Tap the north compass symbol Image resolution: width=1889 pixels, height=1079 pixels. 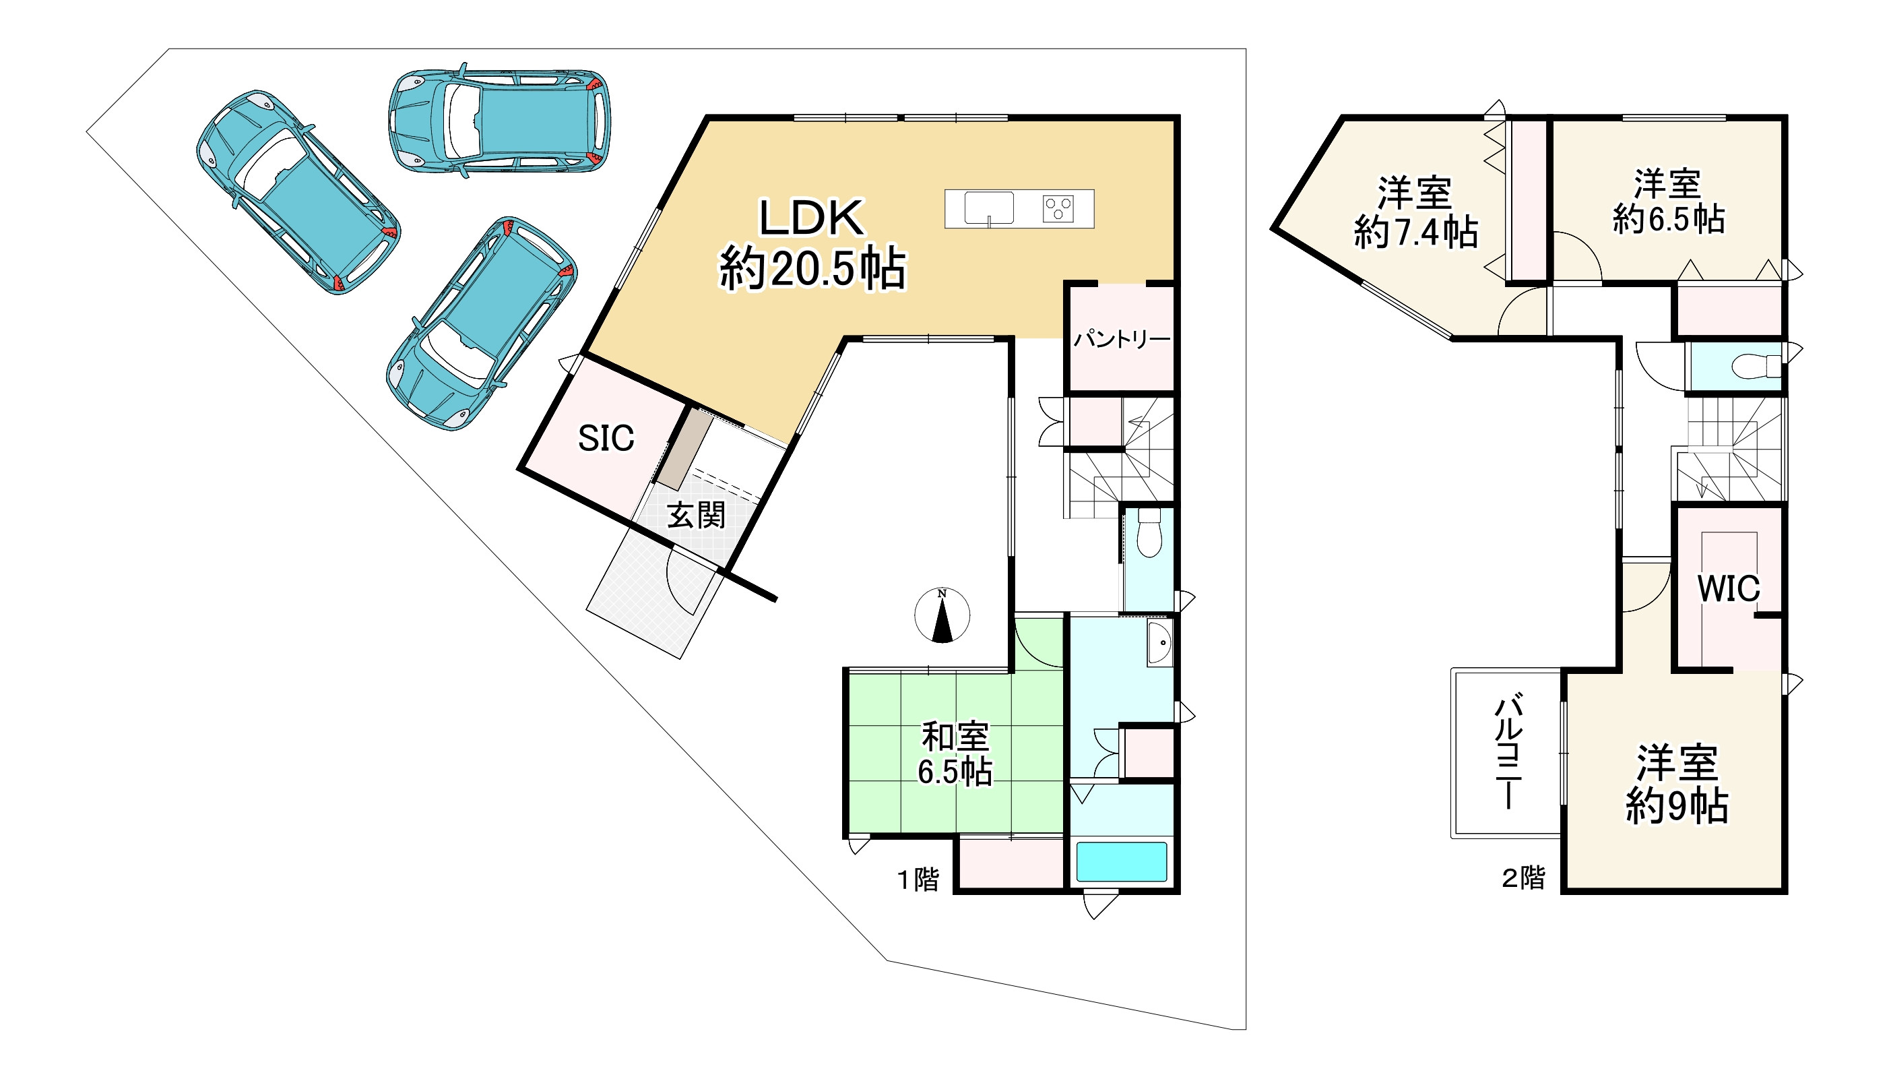[x=942, y=615]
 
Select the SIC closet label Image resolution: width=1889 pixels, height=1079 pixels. [x=606, y=439]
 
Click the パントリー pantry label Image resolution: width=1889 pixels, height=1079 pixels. [x=1122, y=340]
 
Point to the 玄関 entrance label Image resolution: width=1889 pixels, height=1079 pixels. [x=696, y=516]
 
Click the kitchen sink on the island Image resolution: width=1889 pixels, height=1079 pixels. [x=989, y=208]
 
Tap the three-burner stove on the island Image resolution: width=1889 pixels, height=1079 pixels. [x=1058, y=208]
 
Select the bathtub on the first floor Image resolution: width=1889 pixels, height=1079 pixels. [x=1122, y=861]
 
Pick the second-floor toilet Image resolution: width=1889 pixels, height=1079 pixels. [x=1756, y=366]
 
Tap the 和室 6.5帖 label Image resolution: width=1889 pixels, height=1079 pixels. [x=955, y=753]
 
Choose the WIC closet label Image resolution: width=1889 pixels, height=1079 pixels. [x=1728, y=588]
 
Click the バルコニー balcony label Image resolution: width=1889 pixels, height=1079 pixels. [x=1508, y=750]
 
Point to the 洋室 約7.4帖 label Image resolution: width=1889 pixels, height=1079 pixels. [x=1415, y=212]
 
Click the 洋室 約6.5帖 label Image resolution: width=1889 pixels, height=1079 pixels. [x=1668, y=202]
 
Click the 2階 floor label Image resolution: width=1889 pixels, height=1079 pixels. [x=1524, y=878]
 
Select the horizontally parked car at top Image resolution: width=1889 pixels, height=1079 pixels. [x=500, y=121]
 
